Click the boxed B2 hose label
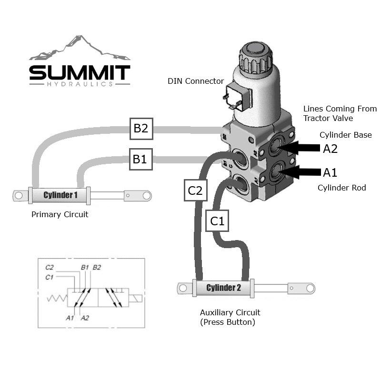pos(140,128)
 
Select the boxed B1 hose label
pos(140,159)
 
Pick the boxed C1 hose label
pos(217,221)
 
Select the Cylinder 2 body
pos(223,288)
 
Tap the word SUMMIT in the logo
pos(80,73)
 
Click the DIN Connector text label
pos(195,81)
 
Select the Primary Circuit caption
pos(60,214)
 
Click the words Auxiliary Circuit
pos(230,312)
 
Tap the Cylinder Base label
pos(345,135)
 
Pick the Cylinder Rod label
pos(341,188)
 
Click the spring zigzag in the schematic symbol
pos(57,299)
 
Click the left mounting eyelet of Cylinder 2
pos(183,288)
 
